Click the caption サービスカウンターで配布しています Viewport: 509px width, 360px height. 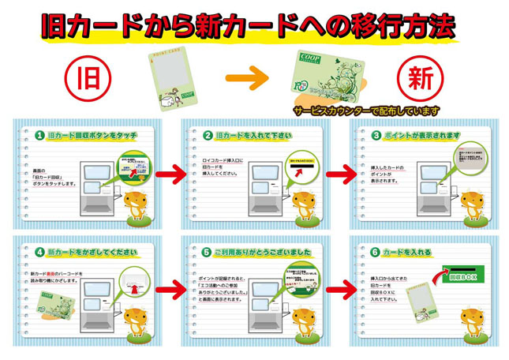point(365,111)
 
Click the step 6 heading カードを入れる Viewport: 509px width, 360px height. point(406,253)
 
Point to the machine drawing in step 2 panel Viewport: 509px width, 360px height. point(260,189)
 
